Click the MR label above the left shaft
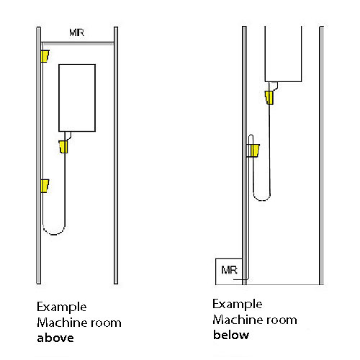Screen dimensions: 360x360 coord(77,32)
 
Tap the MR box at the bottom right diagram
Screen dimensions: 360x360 coord(229,271)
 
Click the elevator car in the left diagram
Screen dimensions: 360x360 coord(77,98)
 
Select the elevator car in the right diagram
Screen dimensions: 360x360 coord(283,54)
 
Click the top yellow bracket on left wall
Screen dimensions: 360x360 coord(45,56)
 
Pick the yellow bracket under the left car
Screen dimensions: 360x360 coord(63,147)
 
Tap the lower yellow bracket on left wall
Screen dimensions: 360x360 coord(45,186)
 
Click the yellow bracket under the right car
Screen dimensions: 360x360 coord(269,97)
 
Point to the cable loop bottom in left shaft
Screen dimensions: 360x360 coord(54,234)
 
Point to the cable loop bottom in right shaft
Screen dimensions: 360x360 coord(262,200)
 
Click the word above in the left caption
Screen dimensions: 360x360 coord(55,338)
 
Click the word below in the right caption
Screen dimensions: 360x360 coord(231,335)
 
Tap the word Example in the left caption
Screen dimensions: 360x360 coord(62,307)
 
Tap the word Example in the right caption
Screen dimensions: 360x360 coord(238,305)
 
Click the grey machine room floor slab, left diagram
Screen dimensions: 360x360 coord(78,43)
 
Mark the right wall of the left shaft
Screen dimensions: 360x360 coord(116,156)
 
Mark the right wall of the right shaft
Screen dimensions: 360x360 coord(322,156)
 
